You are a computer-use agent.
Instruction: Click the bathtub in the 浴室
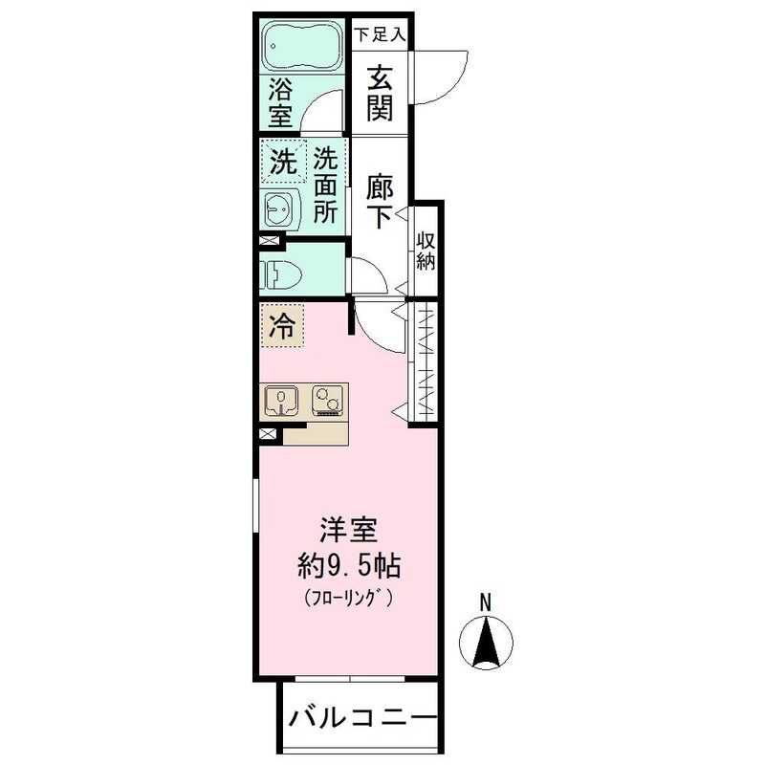(302, 45)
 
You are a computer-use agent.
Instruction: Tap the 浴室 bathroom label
(279, 102)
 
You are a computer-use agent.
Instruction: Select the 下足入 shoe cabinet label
(381, 34)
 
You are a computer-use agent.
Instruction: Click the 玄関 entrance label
(380, 93)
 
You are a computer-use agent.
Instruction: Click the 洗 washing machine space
(282, 163)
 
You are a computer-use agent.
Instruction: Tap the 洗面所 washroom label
(325, 185)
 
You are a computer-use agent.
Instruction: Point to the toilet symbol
(279, 272)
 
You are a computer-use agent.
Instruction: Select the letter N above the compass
(485, 603)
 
